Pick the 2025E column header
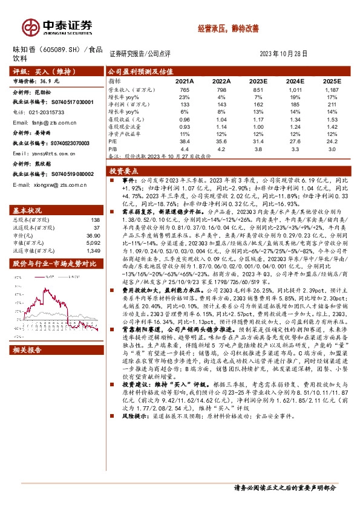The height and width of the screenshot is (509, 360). click(x=332, y=80)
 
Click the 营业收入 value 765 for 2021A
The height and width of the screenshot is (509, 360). click(x=185, y=89)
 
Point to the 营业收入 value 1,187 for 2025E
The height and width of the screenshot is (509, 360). click(x=332, y=89)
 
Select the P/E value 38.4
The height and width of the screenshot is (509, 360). click(x=185, y=140)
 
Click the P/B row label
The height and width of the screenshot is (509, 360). click(x=113, y=148)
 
